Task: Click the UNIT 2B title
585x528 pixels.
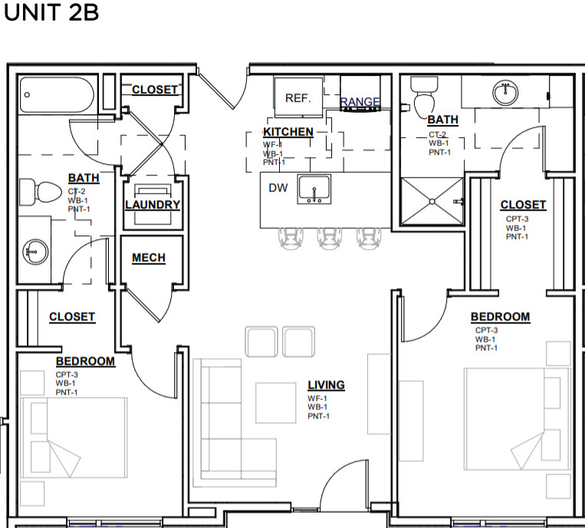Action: click(x=51, y=12)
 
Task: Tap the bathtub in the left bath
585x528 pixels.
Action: click(x=57, y=95)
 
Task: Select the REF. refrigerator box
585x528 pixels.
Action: click(x=298, y=97)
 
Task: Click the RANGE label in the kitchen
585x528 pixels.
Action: click(x=360, y=102)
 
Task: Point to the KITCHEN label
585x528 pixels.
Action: click(x=288, y=132)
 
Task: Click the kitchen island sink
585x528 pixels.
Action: click(x=314, y=189)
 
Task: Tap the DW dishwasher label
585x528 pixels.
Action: click(x=278, y=188)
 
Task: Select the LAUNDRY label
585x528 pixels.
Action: click(x=153, y=205)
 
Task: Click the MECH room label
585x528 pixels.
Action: click(x=149, y=258)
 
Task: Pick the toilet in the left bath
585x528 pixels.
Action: click(x=41, y=192)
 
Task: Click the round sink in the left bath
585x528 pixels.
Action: click(x=35, y=251)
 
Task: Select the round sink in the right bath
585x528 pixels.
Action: click(x=505, y=93)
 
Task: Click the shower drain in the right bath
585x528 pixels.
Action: click(x=432, y=202)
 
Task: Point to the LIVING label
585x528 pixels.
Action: click(x=326, y=385)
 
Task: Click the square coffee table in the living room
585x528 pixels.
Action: click(x=276, y=403)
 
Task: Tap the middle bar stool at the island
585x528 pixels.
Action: click(x=329, y=238)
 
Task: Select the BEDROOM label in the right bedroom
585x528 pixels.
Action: click(x=501, y=317)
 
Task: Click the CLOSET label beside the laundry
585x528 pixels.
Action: click(x=155, y=90)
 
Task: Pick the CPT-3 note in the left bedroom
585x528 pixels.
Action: click(x=67, y=375)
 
